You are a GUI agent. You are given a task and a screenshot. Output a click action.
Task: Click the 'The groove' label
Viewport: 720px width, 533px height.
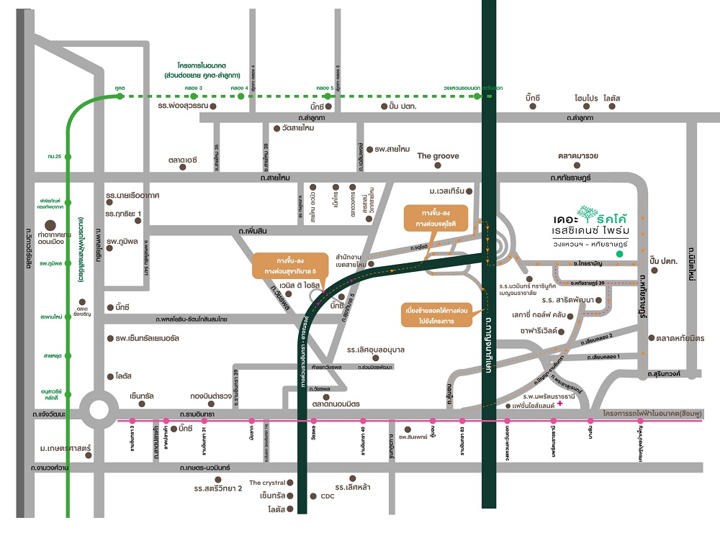point(438,156)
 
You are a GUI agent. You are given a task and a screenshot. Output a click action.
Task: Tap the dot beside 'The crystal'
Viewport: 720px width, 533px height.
point(291,483)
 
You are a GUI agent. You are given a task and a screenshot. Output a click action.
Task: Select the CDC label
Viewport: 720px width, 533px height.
point(328,496)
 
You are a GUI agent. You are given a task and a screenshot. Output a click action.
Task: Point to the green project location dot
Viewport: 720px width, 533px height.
point(619,254)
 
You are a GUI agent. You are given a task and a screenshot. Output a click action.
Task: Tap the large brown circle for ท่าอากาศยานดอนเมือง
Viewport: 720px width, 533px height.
point(50,224)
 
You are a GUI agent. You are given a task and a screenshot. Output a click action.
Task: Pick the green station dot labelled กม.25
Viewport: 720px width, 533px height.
point(68,156)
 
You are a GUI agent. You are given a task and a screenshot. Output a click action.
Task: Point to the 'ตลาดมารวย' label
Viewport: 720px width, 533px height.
point(578,155)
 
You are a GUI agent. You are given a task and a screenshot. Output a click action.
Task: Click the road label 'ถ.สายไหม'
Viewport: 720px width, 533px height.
point(275,176)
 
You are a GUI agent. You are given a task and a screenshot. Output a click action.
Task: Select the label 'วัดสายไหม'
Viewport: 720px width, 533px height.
point(299,128)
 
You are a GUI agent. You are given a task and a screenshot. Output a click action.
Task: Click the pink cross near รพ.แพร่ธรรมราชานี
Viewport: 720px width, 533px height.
point(559,404)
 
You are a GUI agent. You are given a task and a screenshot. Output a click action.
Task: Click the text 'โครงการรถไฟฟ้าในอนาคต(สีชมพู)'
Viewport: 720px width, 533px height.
point(652,413)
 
